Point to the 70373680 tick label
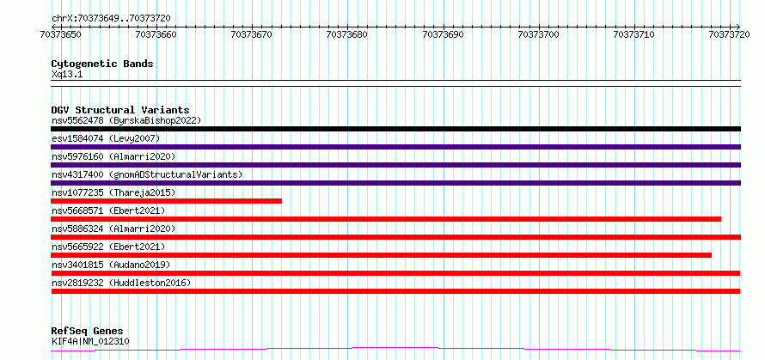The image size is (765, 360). (x=347, y=34)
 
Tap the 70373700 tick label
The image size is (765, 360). (x=539, y=34)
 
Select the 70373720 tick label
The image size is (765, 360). (x=730, y=34)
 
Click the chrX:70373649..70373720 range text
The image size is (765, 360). (x=111, y=19)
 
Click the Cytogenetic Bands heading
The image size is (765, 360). (x=102, y=64)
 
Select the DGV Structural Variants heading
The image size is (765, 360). (x=120, y=110)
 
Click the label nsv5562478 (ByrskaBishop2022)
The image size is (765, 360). (x=125, y=120)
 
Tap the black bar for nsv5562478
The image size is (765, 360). (x=395, y=129)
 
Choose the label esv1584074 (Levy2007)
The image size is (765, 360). (x=106, y=138)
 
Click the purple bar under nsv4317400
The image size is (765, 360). (x=395, y=183)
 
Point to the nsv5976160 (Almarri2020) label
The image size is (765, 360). (x=113, y=156)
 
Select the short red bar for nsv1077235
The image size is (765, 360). (x=167, y=201)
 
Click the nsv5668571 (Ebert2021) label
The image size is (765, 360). (x=107, y=211)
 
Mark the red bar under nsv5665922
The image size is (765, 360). (x=381, y=255)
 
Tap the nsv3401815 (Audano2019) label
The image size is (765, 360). (x=110, y=265)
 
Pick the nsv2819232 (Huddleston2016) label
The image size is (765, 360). (x=121, y=283)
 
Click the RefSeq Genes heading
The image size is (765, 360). (x=87, y=332)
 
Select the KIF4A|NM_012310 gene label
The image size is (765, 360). (x=90, y=341)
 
